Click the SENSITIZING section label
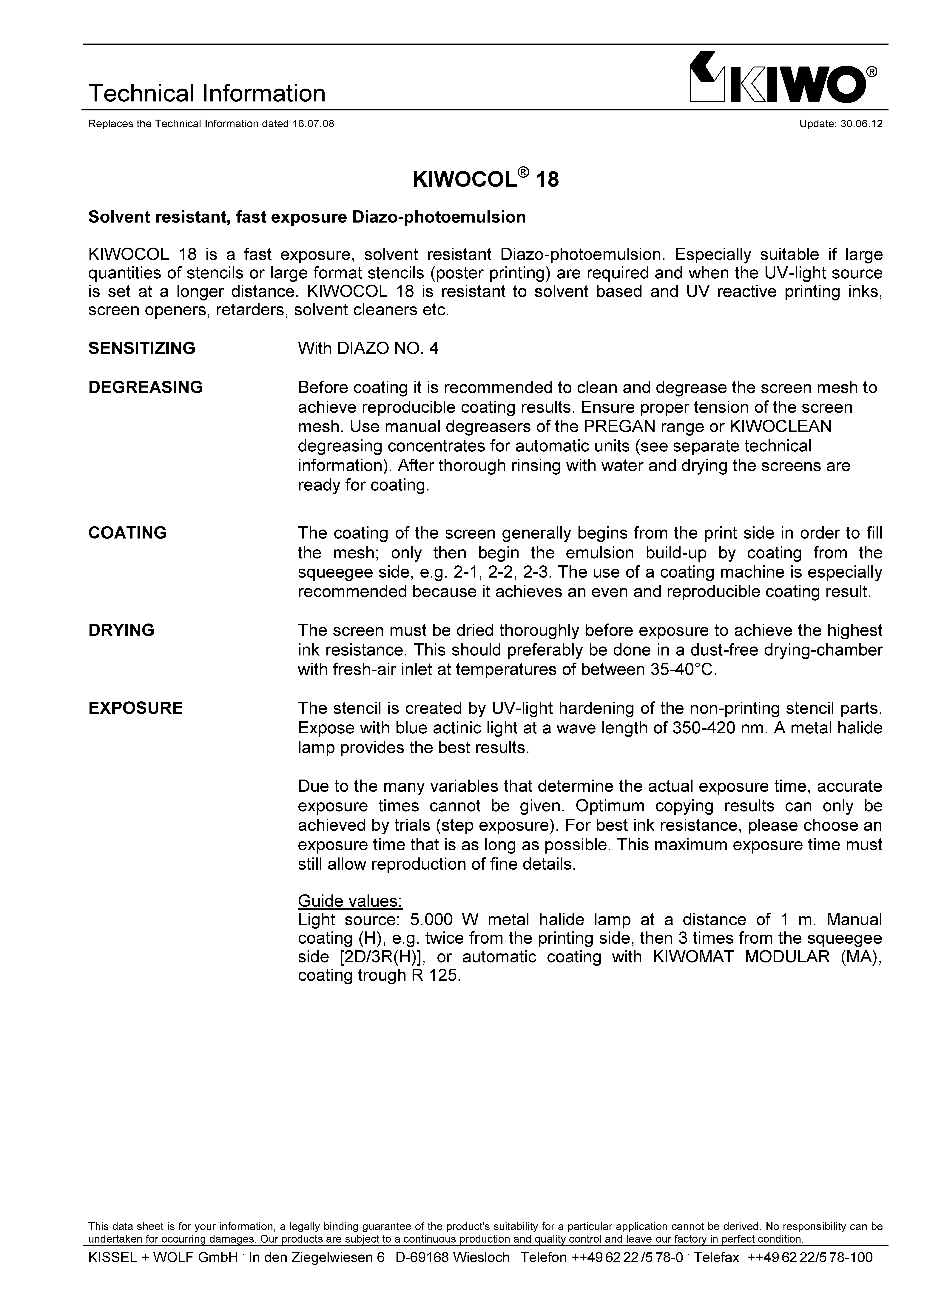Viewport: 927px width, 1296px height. (x=142, y=348)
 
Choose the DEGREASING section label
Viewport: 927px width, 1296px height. (x=146, y=388)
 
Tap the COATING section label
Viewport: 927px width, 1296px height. (x=127, y=533)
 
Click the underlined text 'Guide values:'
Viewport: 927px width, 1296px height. (x=350, y=901)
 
